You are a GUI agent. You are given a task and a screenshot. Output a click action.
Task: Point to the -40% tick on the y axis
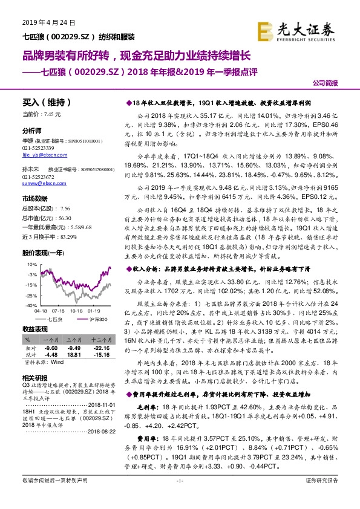[x=31, y=306]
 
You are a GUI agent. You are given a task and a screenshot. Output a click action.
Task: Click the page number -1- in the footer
[x=180, y=497]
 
